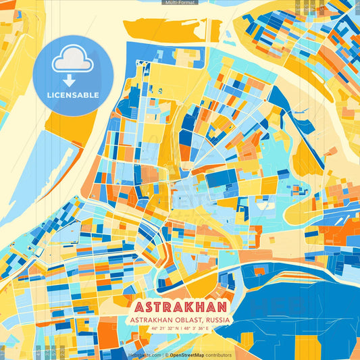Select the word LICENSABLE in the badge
coord(72,95)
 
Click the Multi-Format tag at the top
coord(180,3)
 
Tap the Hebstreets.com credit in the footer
coord(144,355)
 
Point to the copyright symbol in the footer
coord(166,355)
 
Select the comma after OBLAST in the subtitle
coord(206,321)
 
